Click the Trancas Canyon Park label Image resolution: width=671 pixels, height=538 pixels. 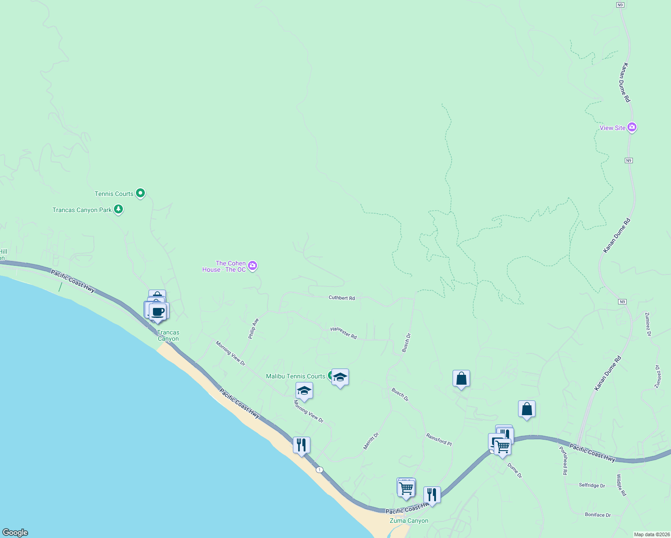82,210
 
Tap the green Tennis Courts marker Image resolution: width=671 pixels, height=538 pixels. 140,193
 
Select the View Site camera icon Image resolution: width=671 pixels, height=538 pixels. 632,127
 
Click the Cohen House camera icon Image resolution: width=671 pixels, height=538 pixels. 253,266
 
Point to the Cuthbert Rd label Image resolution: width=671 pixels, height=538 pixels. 342,298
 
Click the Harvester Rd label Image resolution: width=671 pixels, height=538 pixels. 344,333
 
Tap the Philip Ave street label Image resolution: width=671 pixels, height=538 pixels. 254,329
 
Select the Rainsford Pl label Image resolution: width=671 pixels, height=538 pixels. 439,439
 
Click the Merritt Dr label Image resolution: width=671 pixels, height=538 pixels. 371,441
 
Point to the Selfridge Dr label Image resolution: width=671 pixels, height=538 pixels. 592,485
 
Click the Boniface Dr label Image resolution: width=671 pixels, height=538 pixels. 598,515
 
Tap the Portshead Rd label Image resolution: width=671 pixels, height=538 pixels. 563,460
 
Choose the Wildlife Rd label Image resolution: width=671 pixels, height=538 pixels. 621,485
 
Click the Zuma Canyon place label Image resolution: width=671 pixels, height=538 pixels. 409,521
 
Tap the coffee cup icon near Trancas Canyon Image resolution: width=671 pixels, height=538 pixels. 157,311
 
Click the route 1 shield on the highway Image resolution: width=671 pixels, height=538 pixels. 319,469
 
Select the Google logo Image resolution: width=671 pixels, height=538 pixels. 15,532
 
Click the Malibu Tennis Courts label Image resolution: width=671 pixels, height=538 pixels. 296,376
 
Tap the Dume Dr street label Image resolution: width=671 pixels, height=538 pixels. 515,470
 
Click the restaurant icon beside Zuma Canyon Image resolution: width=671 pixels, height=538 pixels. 432,495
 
